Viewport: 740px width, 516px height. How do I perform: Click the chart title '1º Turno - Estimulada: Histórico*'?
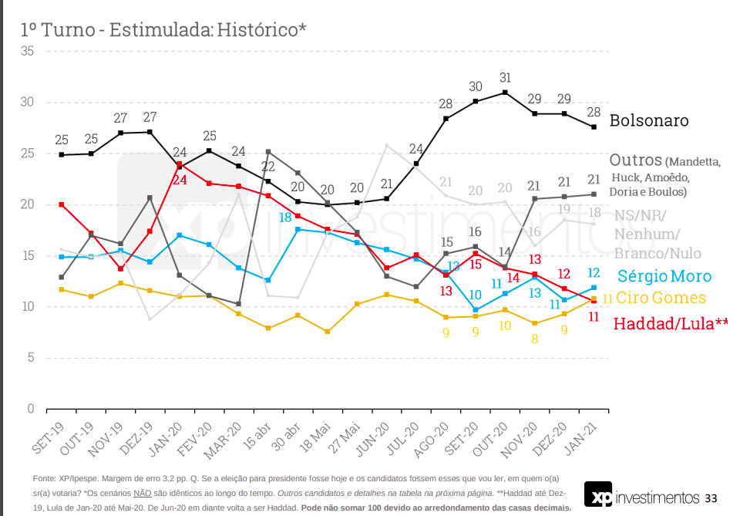coord(163,29)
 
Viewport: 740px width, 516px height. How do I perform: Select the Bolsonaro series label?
coord(648,121)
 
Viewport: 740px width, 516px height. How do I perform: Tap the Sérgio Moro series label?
coord(664,276)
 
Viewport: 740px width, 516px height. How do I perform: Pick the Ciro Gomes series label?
coord(662,298)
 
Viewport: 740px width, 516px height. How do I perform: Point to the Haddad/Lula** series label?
coord(671,324)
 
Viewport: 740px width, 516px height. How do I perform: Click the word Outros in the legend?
coord(635,160)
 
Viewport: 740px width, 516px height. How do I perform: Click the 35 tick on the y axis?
coord(28,52)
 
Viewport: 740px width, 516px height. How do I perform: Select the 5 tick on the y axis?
coord(31,357)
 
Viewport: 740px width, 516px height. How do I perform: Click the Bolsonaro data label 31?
coord(506,78)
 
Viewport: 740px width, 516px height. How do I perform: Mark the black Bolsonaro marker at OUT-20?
coord(505,93)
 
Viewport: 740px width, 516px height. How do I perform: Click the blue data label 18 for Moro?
coord(285,218)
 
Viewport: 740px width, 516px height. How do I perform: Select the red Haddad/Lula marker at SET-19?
coord(61,204)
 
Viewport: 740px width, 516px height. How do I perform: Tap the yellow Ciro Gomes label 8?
coord(535,338)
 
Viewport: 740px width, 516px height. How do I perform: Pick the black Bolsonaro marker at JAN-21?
coord(594,126)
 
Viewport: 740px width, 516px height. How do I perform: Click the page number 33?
coord(711,497)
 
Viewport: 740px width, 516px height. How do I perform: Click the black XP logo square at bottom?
coord(597,495)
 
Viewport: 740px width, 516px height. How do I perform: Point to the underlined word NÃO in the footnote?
coord(142,492)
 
